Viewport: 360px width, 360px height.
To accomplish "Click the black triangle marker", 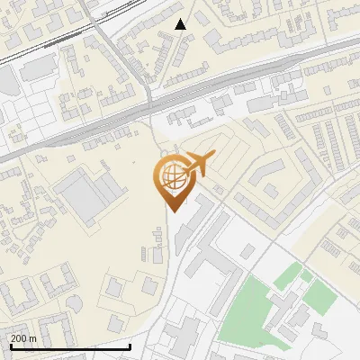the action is point(181,24).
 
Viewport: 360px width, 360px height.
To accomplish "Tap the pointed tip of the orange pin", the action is point(172,211).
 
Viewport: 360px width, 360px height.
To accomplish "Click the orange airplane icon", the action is point(196,166).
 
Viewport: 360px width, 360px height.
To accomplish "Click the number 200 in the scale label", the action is point(19,339).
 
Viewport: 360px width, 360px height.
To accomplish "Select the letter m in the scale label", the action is point(33,339).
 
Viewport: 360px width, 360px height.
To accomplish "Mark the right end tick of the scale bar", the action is point(130,346).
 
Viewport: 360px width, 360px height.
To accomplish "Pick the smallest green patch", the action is point(306,276).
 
